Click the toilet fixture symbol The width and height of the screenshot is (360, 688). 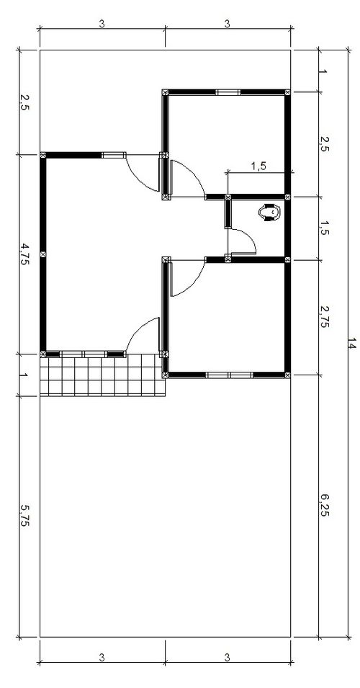(270, 213)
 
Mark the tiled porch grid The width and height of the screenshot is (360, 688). (102, 375)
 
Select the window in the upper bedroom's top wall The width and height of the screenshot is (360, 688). (228, 92)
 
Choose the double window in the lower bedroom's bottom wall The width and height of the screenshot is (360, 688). (230, 375)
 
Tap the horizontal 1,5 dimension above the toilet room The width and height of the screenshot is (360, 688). (259, 166)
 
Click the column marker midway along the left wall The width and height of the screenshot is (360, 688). (43, 254)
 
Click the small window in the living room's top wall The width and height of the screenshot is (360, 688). (114, 155)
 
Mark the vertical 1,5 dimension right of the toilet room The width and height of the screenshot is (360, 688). (324, 228)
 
